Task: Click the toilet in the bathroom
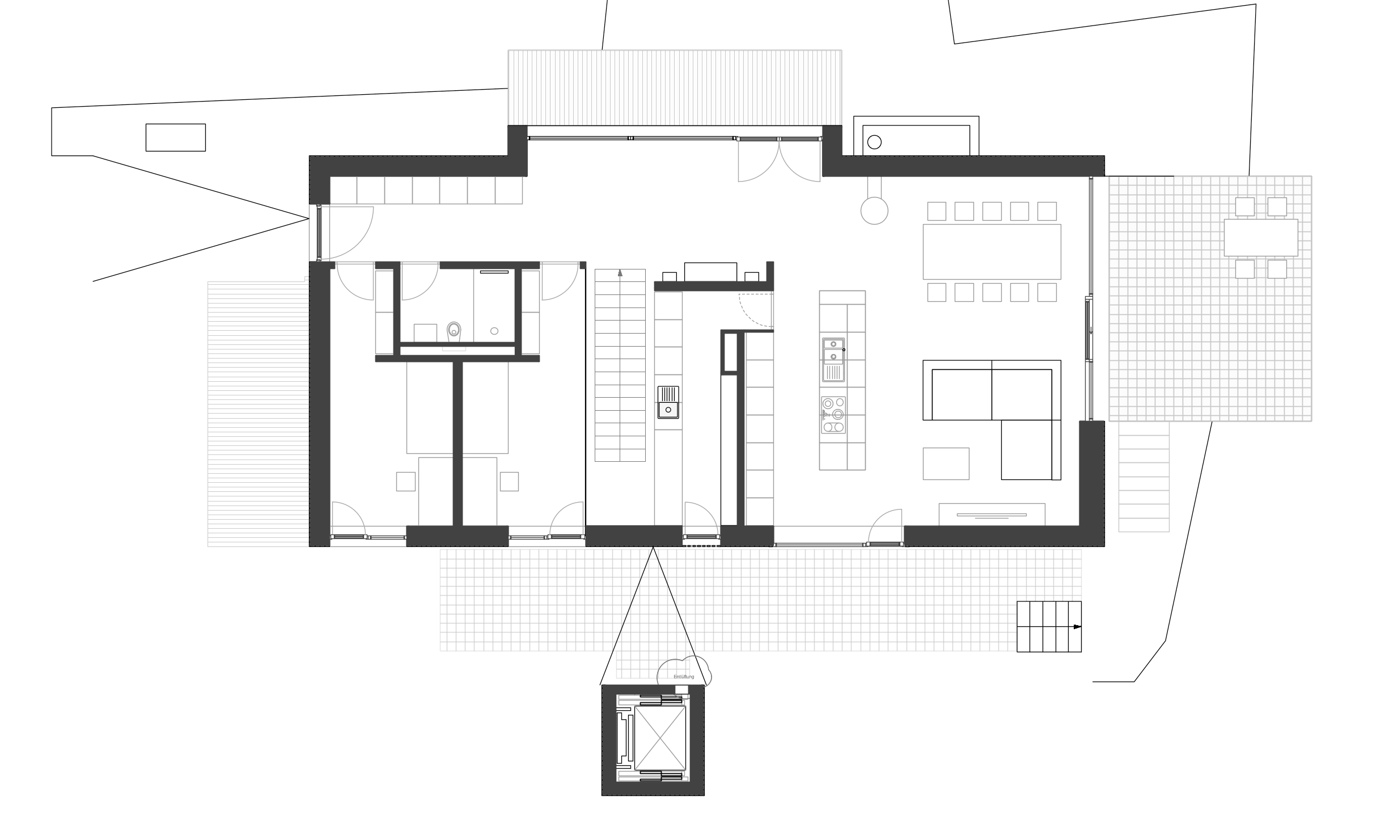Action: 454,331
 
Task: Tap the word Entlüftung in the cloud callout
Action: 684,677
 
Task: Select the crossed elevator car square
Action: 660,737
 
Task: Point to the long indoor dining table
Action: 992,251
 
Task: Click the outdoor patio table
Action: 1261,238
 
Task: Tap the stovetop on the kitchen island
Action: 833,415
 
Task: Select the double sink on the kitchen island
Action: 833,360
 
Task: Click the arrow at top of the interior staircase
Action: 620,272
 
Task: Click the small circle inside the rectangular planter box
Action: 874,142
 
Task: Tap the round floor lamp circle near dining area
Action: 874,210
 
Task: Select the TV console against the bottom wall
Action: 992,514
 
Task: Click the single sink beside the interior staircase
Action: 668,402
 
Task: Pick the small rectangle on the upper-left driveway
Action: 176,137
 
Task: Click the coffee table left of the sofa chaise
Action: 946,464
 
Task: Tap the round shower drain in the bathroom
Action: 494,331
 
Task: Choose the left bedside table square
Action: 406,482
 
